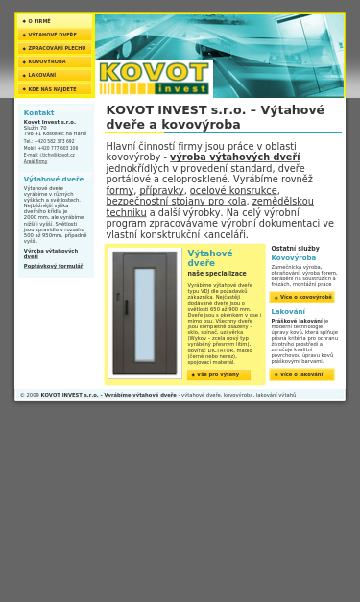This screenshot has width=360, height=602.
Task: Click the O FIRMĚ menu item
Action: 39,21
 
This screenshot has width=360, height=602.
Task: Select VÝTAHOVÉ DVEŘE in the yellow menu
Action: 52,35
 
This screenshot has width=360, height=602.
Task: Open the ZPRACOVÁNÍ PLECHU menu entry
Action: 57,48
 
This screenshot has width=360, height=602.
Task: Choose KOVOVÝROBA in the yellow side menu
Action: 47,61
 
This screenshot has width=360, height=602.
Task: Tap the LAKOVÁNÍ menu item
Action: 42,75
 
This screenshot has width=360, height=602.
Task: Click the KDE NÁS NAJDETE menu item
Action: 52,89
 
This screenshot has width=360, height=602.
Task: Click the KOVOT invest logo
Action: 154,77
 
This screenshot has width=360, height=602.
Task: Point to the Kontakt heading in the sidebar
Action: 39,112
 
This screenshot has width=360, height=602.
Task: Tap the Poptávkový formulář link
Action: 53,266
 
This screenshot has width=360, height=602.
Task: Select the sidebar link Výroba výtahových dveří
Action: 51,253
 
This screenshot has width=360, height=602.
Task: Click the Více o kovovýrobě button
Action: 302,298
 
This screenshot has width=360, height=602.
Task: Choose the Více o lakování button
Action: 302,374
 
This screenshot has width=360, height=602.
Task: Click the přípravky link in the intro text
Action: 161,190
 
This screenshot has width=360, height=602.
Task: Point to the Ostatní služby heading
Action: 295,249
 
